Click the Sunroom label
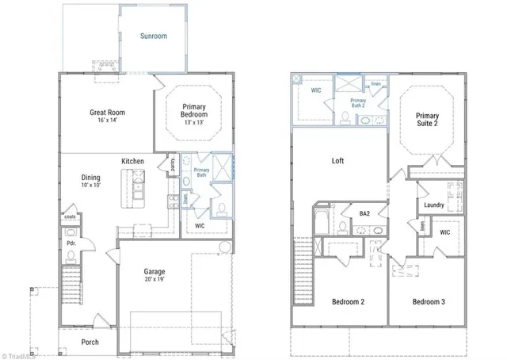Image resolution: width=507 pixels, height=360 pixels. [x=154, y=36]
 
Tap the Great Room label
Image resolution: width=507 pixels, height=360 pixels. [x=108, y=113]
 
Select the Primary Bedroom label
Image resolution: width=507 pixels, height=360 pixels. [x=194, y=110]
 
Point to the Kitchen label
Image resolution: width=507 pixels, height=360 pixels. [x=132, y=162]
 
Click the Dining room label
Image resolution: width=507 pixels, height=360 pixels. [x=91, y=178]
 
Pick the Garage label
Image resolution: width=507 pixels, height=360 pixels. [x=154, y=271]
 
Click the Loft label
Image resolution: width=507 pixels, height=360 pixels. [x=337, y=161]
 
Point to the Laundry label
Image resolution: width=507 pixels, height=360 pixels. [x=434, y=205]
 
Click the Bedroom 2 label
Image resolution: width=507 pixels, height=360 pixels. [x=347, y=302]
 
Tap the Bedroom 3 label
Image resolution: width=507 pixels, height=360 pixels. [x=429, y=302]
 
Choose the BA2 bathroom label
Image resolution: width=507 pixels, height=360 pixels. [x=365, y=214]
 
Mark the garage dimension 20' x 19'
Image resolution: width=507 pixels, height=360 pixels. [x=154, y=280]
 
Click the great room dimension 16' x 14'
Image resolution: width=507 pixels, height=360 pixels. [x=108, y=121]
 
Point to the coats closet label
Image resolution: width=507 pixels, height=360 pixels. [x=70, y=216]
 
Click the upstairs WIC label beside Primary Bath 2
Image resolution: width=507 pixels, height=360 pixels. [x=315, y=91]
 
